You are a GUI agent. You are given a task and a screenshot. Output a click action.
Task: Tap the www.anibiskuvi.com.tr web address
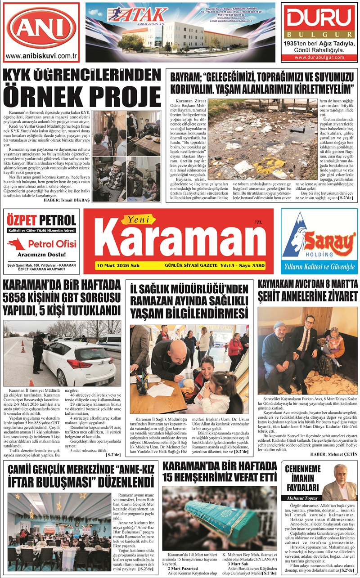click(x=41, y=57)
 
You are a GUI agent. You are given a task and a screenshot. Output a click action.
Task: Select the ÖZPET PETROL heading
click(x=41, y=220)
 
